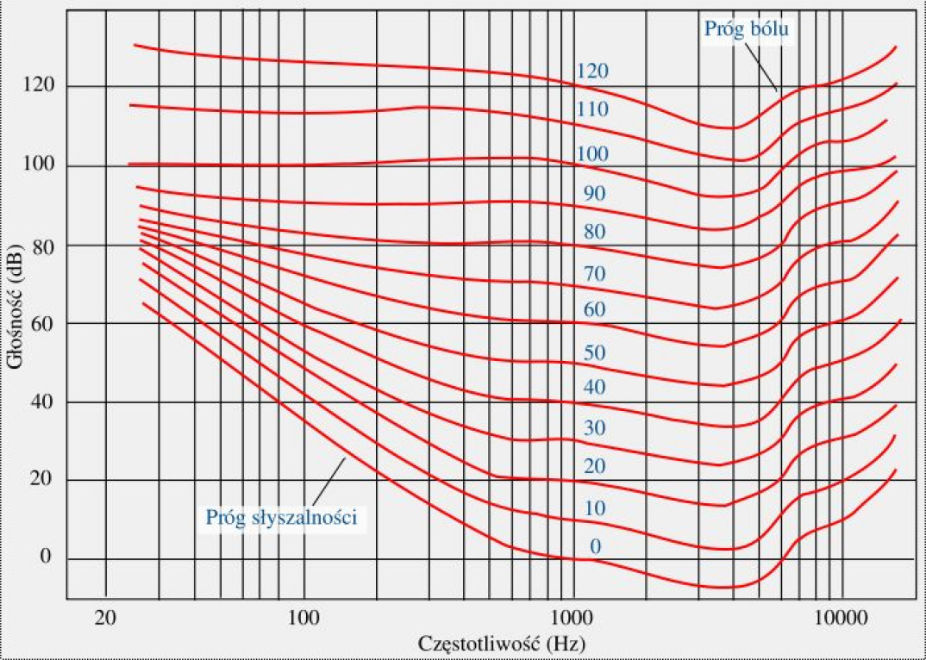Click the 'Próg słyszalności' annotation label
coord(281,518)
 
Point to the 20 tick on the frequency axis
coord(105,617)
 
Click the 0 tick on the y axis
coord(47,557)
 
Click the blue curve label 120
coord(593,71)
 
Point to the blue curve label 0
coord(595,546)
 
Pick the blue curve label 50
coord(595,352)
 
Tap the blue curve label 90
coord(595,194)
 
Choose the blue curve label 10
coord(595,508)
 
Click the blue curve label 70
coord(595,275)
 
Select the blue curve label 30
coord(595,428)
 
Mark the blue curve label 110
coord(593,109)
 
